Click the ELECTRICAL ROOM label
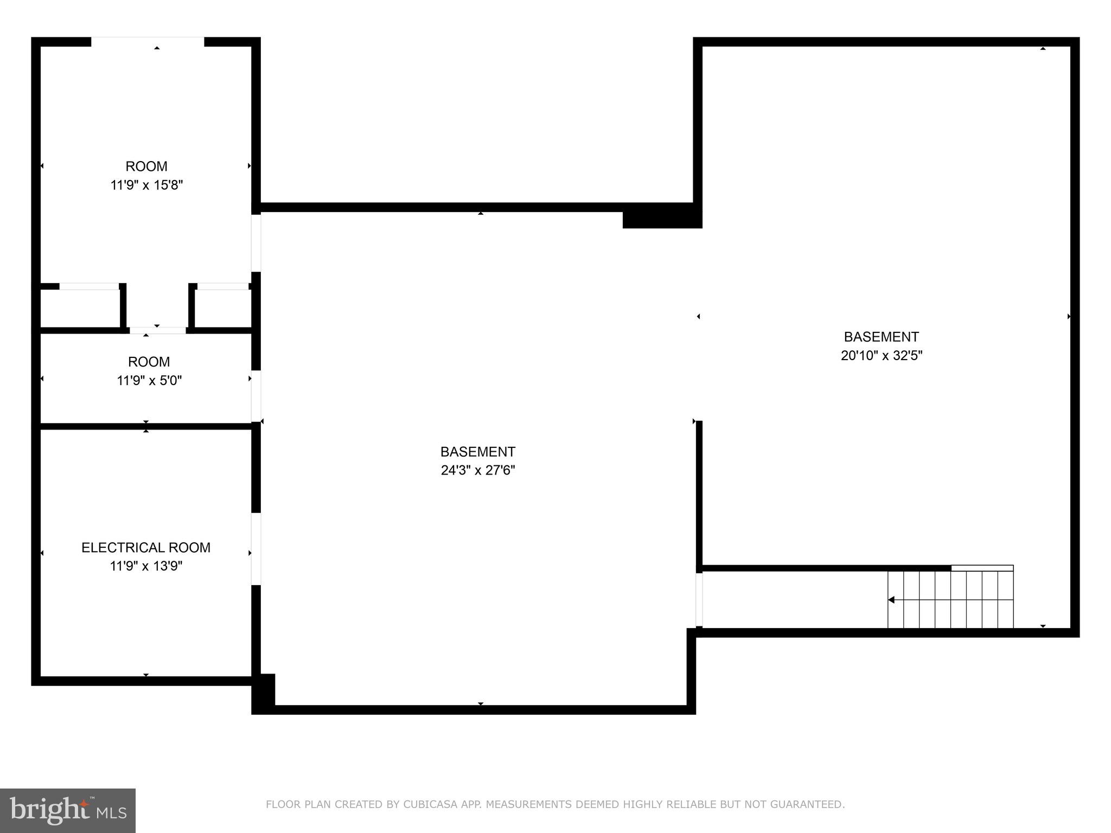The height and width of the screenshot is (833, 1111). pyautogui.click(x=146, y=547)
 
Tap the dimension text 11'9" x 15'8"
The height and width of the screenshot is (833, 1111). pyautogui.click(x=146, y=185)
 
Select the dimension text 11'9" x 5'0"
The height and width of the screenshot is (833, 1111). pyautogui.click(x=149, y=380)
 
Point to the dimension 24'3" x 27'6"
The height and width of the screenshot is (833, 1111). pyautogui.click(x=477, y=470)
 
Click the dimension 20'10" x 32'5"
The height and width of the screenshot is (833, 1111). pyautogui.click(x=882, y=355)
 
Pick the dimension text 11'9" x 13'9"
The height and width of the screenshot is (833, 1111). pyautogui.click(x=146, y=566)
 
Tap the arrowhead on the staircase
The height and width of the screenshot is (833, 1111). pyautogui.click(x=891, y=600)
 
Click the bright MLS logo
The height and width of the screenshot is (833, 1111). pyautogui.click(x=68, y=810)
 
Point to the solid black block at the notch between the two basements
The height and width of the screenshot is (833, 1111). pyautogui.click(x=662, y=216)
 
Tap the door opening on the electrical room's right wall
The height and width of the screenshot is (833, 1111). pyautogui.click(x=256, y=549)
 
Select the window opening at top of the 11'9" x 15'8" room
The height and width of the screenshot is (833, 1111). pyautogui.click(x=148, y=42)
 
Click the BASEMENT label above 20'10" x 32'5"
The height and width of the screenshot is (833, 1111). pyautogui.click(x=882, y=337)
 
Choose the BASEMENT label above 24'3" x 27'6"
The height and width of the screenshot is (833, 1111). pyautogui.click(x=477, y=452)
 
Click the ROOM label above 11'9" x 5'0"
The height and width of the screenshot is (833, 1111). pyautogui.click(x=149, y=362)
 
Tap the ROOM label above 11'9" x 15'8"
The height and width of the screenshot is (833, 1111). pyautogui.click(x=146, y=166)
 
